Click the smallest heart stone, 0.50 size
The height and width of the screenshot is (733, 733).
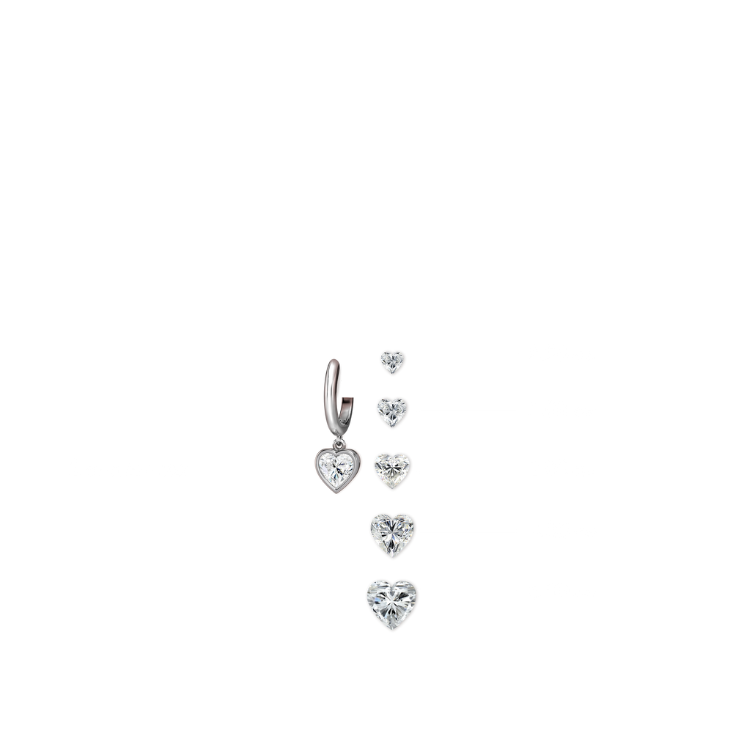(x=392, y=361)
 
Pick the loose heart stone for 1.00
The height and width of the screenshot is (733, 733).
(x=392, y=411)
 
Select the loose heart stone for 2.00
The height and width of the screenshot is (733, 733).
(x=393, y=468)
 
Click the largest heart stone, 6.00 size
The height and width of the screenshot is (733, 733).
(x=391, y=600)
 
